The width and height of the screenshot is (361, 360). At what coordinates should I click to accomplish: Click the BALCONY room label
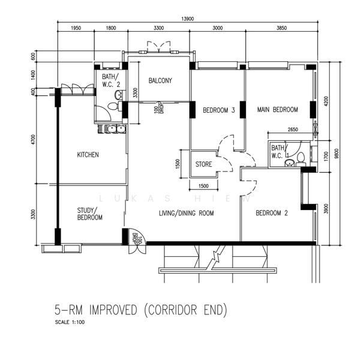pos(160,80)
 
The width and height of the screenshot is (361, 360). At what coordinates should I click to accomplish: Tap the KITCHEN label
pos(88,155)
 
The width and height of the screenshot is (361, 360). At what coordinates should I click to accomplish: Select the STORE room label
pos(204,164)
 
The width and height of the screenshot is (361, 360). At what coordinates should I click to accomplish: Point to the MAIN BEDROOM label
pos(278,109)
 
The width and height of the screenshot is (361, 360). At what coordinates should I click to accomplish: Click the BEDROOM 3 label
pos(219,110)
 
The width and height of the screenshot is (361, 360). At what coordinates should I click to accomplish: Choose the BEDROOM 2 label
pos(272,213)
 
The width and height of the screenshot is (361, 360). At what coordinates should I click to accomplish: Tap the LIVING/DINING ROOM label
pos(186,213)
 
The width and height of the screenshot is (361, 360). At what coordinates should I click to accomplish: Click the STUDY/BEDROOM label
pos(90,214)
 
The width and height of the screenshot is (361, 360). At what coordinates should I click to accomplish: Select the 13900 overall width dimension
pos(188,19)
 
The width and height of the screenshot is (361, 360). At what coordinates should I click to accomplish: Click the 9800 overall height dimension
pos(336,154)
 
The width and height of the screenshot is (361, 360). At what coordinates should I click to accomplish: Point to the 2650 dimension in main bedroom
pos(293,130)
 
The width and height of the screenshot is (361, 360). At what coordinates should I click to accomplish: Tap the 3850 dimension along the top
pos(282,28)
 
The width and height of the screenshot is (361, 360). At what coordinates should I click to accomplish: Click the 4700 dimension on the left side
pos(34,140)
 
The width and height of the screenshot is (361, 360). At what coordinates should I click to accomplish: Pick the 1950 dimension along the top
pos(76,28)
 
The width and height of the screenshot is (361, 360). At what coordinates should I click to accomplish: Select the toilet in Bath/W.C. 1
pos(300,159)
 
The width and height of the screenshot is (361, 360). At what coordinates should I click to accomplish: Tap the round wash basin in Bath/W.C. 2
pos(119,94)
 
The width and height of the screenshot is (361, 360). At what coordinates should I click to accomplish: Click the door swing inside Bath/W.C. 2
pos(103,113)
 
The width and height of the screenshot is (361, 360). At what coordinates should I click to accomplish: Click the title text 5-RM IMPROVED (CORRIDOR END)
pos(141,310)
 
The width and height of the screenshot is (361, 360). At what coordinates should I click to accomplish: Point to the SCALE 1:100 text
pos(70,322)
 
